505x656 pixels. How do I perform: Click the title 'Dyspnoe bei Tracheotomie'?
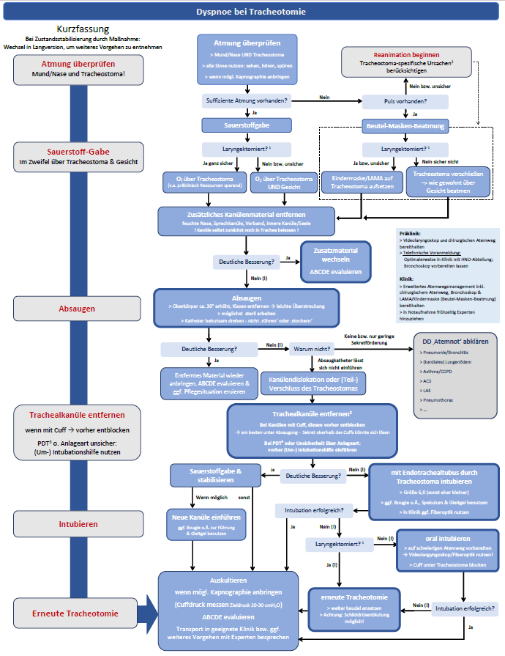point(252,12)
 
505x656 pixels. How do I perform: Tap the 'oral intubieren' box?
point(442,548)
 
